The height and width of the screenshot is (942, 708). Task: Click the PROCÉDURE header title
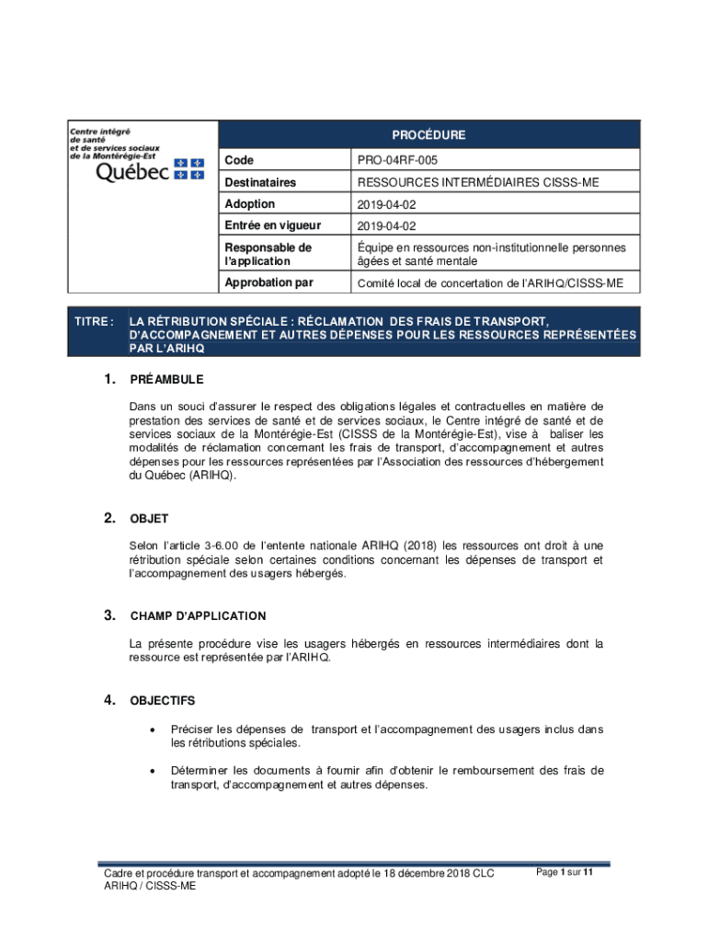pyautogui.click(x=428, y=135)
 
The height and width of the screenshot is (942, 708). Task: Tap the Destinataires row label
pyautogui.click(x=260, y=183)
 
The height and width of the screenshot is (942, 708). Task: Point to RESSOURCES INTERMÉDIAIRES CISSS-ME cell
pyautogui.click(x=478, y=183)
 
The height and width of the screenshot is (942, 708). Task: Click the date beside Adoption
pyautogui.click(x=385, y=204)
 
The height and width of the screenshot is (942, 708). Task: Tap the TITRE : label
pyautogui.click(x=95, y=321)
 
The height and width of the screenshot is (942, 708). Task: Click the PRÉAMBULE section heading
pyautogui.click(x=166, y=380)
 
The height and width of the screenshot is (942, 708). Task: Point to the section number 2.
pyautogui.click(x=109, y=519)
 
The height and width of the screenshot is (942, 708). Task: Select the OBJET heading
pyautogui.click(x=149, y=520)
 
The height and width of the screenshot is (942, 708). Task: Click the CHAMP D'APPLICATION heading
pyautogui.click(x=198, y=616)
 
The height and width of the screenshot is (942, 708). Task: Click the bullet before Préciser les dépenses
pyautogui.click(x=151, y=730)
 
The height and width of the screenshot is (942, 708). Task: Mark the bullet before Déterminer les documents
pyautogui.click(x=151, y=771)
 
